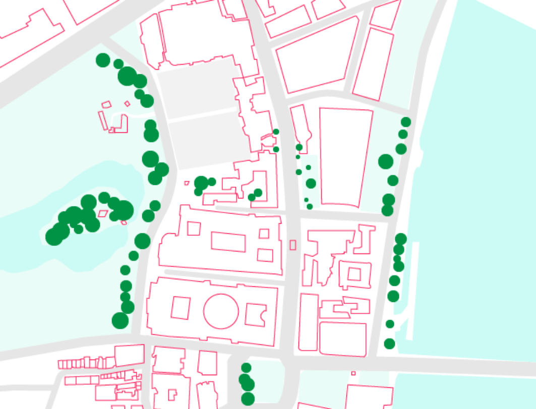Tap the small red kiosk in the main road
(293, 245)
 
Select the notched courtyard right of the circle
(255, 315)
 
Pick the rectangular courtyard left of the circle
(181, 308)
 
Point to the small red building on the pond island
(103, 214)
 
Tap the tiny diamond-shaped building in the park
(127, 104)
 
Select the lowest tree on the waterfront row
(389, 344)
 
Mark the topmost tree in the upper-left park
(103, 60)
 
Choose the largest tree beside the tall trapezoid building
(386, 162)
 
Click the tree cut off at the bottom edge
(248, 399)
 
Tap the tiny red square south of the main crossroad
(353, 373)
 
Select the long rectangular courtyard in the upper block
(228, 242)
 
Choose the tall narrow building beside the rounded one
(308, 322)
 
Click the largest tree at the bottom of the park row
(120, 320)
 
